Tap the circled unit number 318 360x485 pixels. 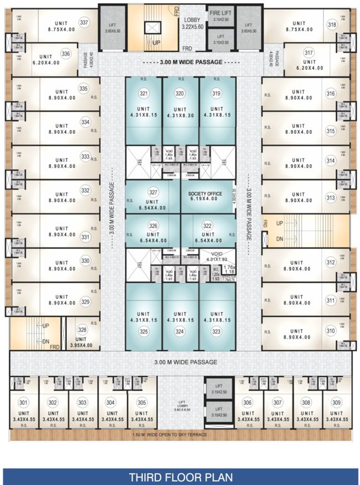click(331, 25)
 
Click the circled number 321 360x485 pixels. click(143, 93)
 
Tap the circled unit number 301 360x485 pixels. click(23, 402)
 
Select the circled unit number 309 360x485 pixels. click(335, 402)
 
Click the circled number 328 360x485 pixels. click(82, 330)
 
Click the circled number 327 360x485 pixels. click(152, 193)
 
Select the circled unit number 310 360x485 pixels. click(330, 330)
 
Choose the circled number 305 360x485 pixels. click(141, 402)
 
